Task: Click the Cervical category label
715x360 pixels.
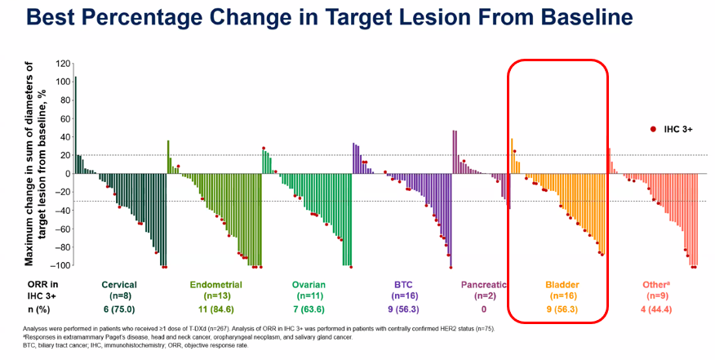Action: coord(119,285)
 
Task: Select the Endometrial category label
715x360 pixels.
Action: coord(216,285)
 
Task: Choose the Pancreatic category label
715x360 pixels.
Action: coord(483,285)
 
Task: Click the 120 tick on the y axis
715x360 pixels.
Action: coord(62,64)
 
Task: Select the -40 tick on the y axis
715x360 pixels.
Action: coord(62,211)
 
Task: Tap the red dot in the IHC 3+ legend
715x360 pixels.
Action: coord(652,130)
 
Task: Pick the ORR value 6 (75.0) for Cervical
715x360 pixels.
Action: coord(119,310)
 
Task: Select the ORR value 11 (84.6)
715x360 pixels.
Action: coord(216,310)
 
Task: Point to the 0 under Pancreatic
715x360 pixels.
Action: coord(483,310)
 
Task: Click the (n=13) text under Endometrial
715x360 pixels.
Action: coord(216,296)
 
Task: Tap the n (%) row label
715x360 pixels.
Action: coord(34,310)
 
